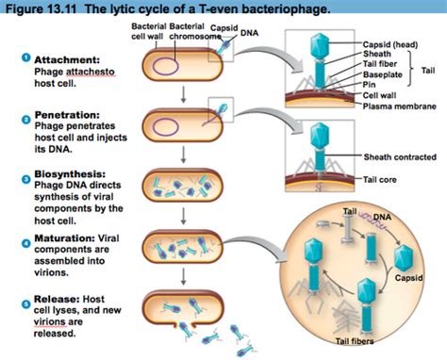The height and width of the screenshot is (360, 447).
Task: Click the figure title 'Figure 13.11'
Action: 37,9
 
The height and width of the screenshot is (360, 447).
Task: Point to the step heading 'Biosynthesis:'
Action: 62,174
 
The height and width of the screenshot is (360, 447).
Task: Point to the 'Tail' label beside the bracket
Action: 427,70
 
